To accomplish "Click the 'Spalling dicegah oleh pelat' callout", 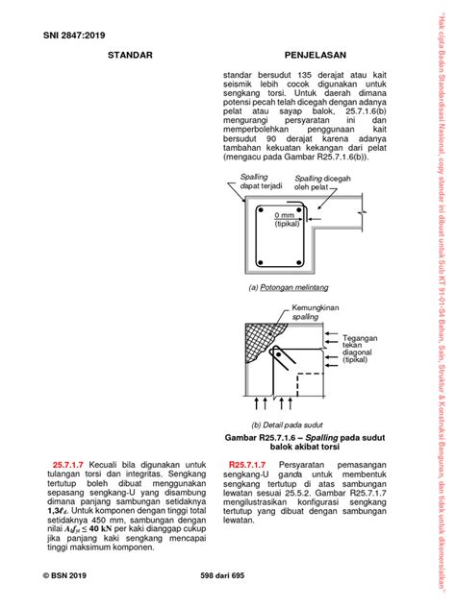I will [323, 182].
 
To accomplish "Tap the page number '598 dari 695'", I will [227, 572].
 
